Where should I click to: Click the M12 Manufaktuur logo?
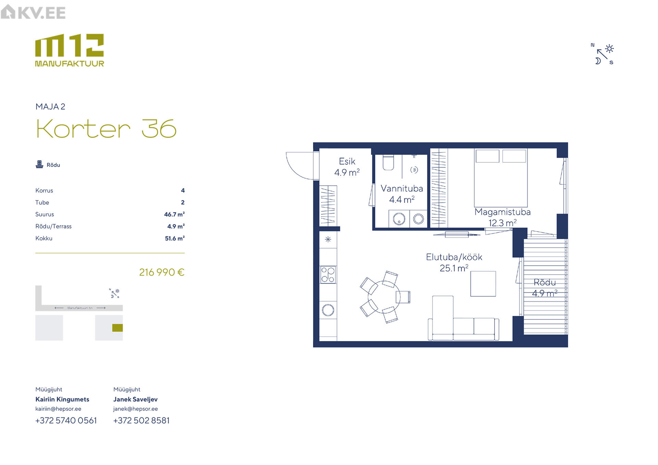70,50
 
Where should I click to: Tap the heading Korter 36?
106,129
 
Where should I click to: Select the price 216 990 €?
162,272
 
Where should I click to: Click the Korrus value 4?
183,190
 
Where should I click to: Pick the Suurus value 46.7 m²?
174,214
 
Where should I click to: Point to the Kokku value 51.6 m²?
175,238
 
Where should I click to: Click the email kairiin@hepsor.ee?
58,409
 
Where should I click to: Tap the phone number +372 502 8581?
142,420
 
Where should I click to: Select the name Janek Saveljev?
135,399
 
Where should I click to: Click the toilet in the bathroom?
388,163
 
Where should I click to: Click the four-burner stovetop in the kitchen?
328,275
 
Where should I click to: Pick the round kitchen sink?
328,310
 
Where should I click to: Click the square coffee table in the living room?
483,284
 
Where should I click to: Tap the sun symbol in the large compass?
609,49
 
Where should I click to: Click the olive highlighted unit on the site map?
118,328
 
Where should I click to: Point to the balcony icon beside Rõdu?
39,165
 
